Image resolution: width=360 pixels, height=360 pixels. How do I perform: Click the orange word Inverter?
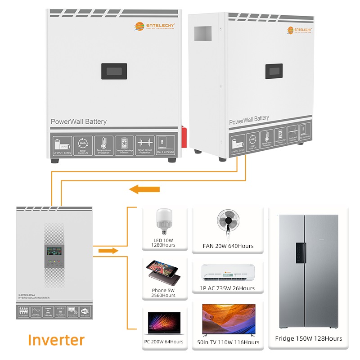click(x=56, y=339)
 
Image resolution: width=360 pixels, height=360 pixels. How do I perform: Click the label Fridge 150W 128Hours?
click(x=308, y=338)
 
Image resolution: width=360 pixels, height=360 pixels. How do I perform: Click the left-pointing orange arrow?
click(x=144, y=189)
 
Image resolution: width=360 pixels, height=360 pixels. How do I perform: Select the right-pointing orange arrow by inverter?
click(x=108, y=250)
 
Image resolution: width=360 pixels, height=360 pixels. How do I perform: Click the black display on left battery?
click(x=113, y=71)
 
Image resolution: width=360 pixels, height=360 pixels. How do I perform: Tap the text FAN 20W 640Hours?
click(x=228, y=246)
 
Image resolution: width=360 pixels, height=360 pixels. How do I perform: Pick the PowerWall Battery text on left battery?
click(x=79, y=121)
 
